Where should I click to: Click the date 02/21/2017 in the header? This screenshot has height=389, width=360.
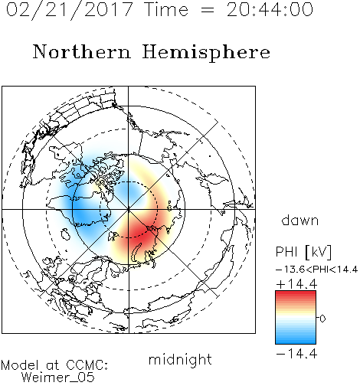pos(69,10)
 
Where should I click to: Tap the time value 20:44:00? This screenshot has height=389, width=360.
pos(270,9)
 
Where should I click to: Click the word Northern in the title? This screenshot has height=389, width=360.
pos(82,52)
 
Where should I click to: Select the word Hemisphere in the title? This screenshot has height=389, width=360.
pos(206,53)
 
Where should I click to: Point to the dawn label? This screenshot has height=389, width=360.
pos(300,220)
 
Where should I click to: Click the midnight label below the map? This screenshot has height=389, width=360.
pos(180,360)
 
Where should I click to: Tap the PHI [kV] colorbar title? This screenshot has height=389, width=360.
pos(303,252)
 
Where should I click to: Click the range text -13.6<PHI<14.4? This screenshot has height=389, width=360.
pos(316,270)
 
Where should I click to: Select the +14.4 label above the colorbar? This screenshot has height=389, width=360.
pos(296,284)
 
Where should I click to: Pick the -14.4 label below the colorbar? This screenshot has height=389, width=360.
pos(296,354)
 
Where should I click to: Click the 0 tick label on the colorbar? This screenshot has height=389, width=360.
pos(322,319)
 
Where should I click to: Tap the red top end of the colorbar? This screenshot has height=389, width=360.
pos(296,293)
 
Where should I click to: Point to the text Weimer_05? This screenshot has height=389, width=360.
pos(58,378)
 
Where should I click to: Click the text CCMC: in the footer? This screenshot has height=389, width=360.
pos(87,365)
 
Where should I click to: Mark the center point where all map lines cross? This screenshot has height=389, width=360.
pos(129,210)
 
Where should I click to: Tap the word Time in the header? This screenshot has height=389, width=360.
pos(166,10)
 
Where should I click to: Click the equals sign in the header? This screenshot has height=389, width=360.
pos(208,11)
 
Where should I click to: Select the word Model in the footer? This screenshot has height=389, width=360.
pos(20,365)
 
